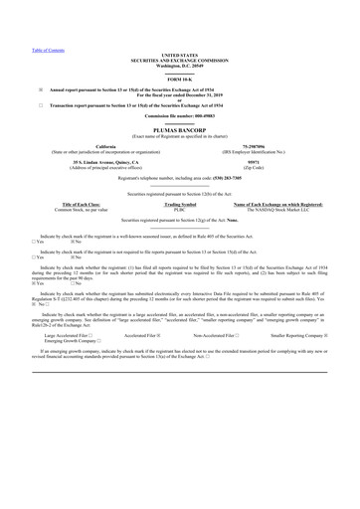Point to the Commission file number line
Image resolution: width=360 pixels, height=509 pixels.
coord(179,117)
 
